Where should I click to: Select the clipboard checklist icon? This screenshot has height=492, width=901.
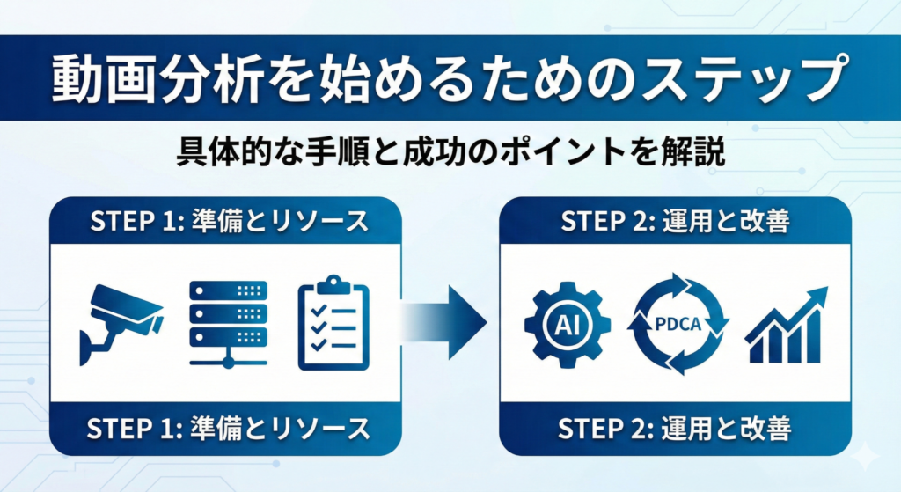(x=333, y=323)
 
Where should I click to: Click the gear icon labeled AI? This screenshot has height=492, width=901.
(x=568, y=324)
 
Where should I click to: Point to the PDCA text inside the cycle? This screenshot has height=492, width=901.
(x=678, y=324)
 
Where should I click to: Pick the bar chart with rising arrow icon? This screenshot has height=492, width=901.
(x=786, y=325)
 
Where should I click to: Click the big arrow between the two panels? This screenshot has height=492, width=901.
(x=443, y=322)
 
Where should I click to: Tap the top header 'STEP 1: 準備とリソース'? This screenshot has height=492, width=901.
(x=229, y=221)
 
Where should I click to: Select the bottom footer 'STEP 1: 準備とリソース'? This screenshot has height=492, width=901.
(x=228, y=429)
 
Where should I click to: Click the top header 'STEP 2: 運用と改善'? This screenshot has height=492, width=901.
(x=675, y=221)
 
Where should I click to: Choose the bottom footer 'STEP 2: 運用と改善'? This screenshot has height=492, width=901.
(x=675, y=429)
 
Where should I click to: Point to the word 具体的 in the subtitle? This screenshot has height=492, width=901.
(x=224, y=152)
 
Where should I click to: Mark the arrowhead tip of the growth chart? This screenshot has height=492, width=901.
(x=827, y=288)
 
